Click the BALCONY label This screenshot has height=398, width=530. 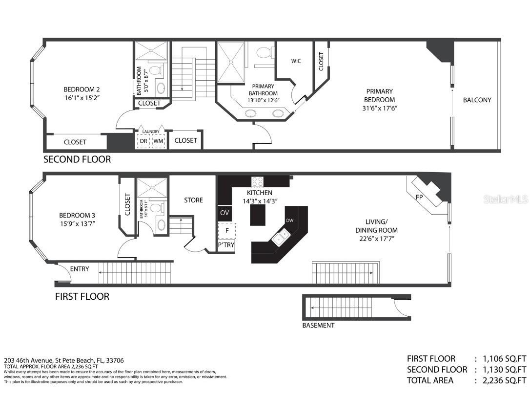(477, 100)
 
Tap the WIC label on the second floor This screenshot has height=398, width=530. (296, 61)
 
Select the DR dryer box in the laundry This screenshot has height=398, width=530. (143, 141)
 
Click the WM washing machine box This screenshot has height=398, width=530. (158, 141)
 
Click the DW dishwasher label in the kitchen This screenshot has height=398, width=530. (289, 221)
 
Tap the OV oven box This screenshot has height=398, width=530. (225, 213)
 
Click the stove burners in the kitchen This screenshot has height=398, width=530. (258, 182)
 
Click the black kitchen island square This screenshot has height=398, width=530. (258, 215)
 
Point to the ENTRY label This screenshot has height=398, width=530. (80, 269)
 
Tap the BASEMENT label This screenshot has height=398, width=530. (318, 325)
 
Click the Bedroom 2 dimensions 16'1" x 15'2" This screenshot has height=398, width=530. (82, 98)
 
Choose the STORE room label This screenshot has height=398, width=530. (193, 200)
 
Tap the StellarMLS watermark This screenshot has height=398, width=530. (505, 199)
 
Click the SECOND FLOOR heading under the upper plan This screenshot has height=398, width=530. (77, 159)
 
